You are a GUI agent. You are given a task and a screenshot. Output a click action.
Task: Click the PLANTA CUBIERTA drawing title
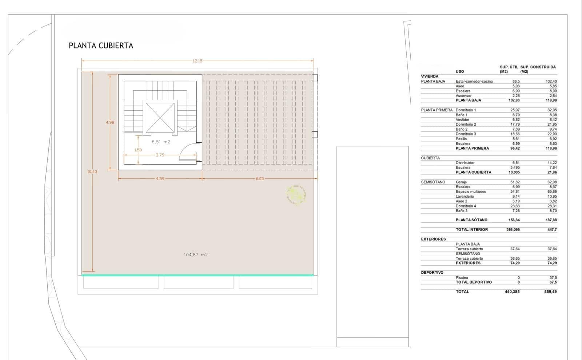coord(101,46)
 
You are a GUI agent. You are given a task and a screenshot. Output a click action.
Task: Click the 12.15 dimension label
coord(198,61)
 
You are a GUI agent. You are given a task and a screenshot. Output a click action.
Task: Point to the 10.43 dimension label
coord(92,171)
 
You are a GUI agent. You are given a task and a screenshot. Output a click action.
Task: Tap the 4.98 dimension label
coord(110,122)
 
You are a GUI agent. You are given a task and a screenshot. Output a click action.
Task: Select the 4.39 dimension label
coord(160,179)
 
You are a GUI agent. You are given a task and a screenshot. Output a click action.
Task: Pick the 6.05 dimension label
coord(260,179)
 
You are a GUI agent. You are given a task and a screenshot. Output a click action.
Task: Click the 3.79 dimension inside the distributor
coord(160,155)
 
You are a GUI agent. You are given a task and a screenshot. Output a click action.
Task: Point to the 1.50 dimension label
coord(138,150)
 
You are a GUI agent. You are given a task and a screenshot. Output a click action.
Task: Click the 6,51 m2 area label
coord(161,142)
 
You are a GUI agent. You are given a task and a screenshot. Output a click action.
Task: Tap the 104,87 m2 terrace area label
coord(196,255)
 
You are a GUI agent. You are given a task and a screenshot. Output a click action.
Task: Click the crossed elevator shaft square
coord(160,118)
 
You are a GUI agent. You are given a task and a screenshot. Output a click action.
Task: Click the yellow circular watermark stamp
coord(296,195)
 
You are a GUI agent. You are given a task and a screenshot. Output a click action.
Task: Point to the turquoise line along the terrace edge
coord(198,275)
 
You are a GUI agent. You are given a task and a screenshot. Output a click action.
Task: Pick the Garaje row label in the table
coord(461,182)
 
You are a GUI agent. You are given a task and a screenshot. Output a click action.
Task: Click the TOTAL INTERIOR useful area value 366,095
coord(513,230)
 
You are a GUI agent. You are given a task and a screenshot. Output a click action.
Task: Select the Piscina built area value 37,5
coord(553,278)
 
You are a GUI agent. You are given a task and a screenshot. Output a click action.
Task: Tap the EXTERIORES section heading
coord(433,239)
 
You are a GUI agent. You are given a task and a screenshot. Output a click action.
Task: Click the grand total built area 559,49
coord(550,292)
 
